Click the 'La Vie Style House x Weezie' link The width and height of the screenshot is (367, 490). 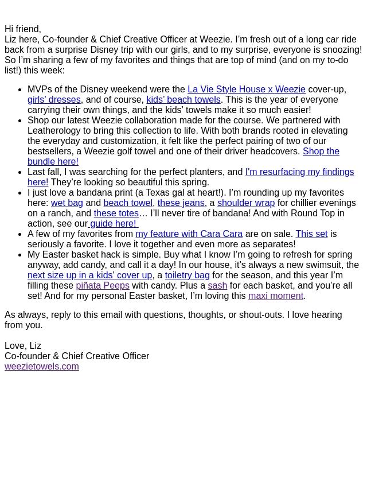[x=246, y=90]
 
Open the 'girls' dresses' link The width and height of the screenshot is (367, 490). [x=54, y=100]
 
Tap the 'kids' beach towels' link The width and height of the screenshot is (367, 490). [x=183, y=100]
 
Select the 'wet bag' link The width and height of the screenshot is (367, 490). [x=67, y=203]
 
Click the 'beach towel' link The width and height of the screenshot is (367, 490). [x=127, y=203]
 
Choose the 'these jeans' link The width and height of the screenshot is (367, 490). [x=181, y=203]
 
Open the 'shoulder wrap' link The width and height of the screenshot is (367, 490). [x=245, y=203]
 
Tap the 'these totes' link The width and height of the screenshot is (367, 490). [x=116, y=213]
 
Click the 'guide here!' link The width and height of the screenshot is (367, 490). [x=113, y=224]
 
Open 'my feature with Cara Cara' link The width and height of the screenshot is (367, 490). [x=189, y=234]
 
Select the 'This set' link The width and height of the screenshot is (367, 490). [x=311, y=234]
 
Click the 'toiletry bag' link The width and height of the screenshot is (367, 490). [x=187, y=275]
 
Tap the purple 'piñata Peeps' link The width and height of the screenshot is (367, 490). [x=103, y=286]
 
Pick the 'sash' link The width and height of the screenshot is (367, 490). [x=217, y=286]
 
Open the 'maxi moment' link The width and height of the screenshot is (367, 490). [x=275, y=296]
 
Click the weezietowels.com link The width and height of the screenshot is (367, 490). [x=41, y=367]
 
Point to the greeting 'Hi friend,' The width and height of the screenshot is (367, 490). [x=23, y=29]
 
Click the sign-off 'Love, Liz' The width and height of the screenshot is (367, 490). [x=23, y=346]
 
